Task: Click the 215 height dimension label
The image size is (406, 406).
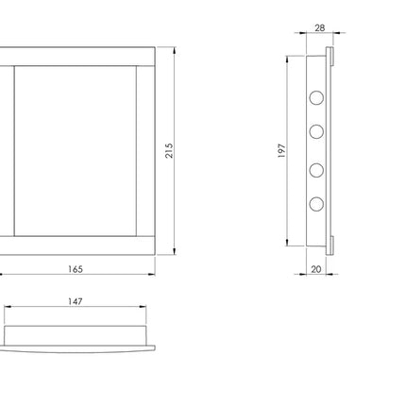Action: pos(169,151)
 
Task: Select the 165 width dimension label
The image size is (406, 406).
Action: pos(76,269)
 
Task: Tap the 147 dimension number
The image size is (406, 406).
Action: pos(76,301)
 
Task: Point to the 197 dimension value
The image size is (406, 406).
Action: pos(282,151)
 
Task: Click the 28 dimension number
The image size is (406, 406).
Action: pos(319,28)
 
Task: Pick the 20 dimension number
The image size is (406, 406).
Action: pos(316,269)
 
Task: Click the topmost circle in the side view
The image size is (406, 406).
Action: pos(316,97)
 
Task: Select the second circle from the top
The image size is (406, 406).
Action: pos(316,131)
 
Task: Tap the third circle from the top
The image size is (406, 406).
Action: pos(316,170)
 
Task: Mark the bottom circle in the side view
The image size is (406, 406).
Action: pos(316,204)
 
